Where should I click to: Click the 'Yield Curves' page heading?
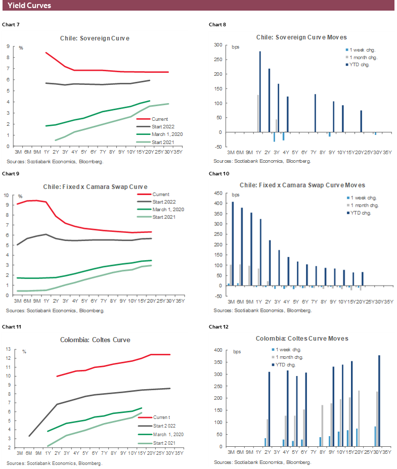click(x=29, y=6)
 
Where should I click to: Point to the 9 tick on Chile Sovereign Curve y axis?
click(x=8, y=46)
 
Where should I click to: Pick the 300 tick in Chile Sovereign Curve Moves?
click(x=218, y=45)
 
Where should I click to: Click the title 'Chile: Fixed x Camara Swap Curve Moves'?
click(x=303, y=185)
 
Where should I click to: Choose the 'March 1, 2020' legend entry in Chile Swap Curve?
click(x=167, y=209)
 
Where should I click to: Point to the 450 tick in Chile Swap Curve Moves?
click(x=218, y=193)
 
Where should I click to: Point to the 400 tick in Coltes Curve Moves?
click(x=218, y=350)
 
